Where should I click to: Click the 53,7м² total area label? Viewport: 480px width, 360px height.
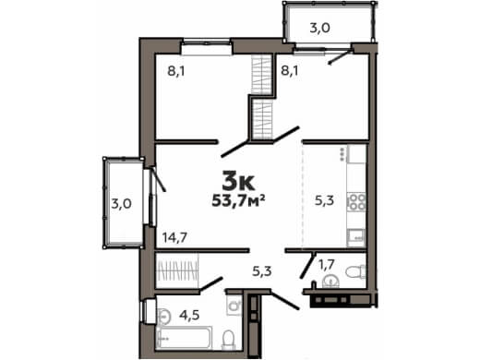click(238, 201)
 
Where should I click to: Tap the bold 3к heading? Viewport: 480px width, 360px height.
click(238, 183)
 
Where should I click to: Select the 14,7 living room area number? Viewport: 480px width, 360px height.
click(174, 237)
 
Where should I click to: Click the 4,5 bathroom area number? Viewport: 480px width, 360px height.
click(189, 315)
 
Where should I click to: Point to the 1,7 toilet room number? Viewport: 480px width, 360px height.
click(327, 264)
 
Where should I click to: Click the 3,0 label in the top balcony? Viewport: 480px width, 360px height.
click(319, 28)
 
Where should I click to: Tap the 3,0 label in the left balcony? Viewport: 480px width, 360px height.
click(121, 204)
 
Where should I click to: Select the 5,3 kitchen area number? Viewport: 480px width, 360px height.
click(324, 200)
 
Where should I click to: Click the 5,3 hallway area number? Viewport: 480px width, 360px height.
click(262, 271)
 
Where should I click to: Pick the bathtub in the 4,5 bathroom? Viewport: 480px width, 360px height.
click(185, 338)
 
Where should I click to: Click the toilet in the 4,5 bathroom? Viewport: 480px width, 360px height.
click(228, 340)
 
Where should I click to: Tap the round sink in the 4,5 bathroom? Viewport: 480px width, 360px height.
click(163, 316)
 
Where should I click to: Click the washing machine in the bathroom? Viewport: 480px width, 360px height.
click(234, 306)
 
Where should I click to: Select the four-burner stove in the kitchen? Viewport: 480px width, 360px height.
click(356, 201)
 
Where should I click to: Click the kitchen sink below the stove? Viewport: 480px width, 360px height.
click(356, 237)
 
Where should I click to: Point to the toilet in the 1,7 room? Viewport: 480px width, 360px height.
click(355, 271)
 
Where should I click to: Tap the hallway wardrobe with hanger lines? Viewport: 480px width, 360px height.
click(177, 270)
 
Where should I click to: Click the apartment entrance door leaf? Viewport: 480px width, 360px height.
click(284, 300)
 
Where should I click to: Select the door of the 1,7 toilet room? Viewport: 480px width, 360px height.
click(308, 266)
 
